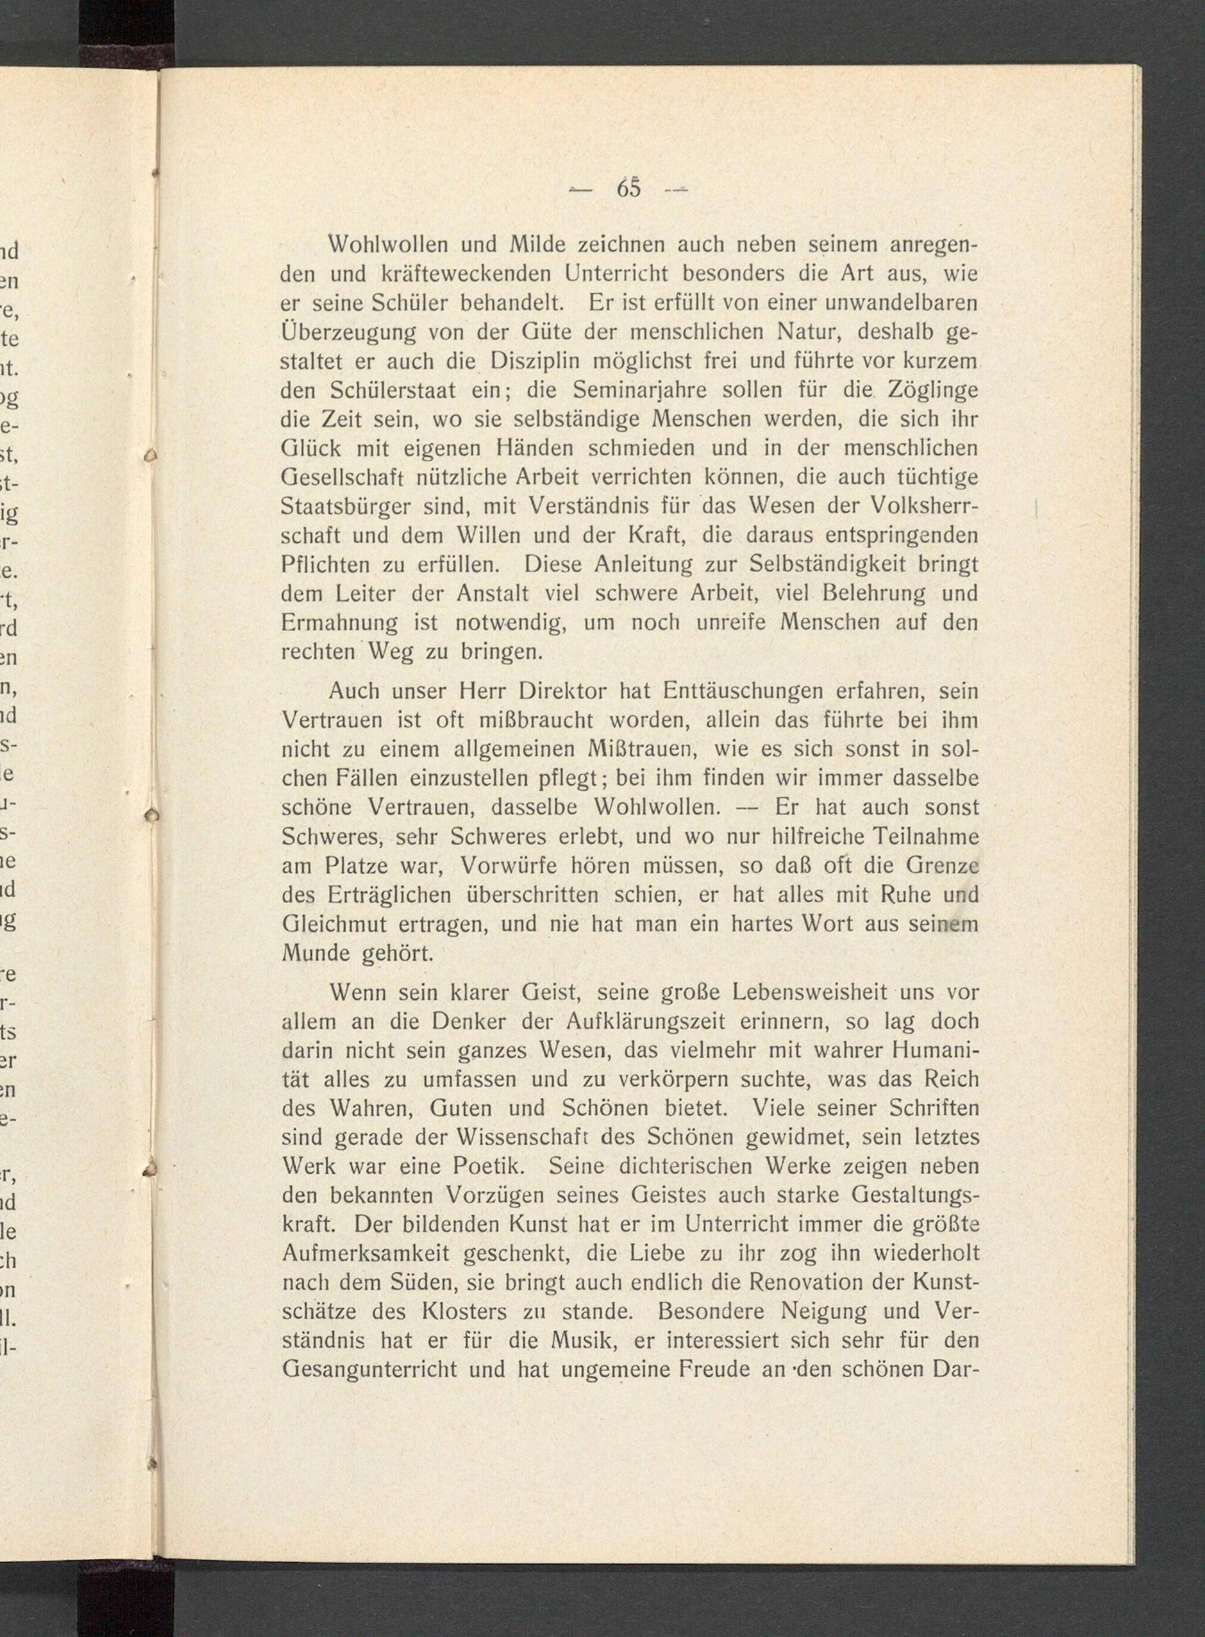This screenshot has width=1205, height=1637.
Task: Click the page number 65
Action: tap(628, 188)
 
